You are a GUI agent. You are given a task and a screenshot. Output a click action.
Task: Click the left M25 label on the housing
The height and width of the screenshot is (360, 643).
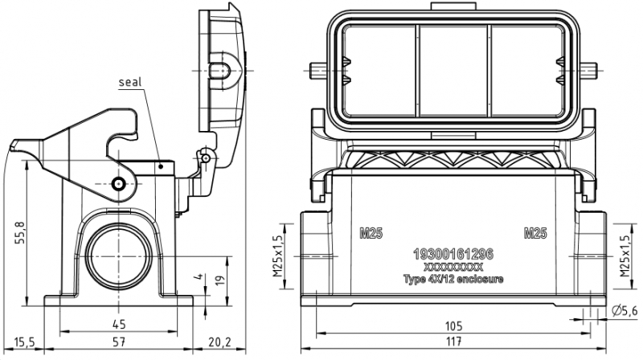(x=371, y=234)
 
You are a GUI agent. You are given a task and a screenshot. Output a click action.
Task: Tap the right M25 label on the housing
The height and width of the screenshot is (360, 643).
(x=535, y=234)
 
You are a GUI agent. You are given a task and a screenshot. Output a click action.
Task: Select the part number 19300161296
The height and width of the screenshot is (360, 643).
(x=453, y=254)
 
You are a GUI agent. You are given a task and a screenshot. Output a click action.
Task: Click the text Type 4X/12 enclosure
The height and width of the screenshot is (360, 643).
(x=453, y=279)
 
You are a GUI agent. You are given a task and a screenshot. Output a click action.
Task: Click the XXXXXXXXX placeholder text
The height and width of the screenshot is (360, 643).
(x=453, y=267)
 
